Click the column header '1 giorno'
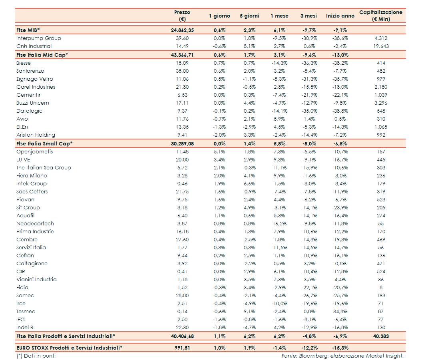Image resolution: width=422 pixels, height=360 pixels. pyautogui.click(x=219, y=16)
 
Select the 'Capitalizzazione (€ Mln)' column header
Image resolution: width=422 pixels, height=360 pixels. pyautogui.click(x=380, y=16)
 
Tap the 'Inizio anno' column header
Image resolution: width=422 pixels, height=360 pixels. pyautogui.click(x=340, y=16)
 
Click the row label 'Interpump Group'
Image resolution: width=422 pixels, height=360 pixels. pyautogui.click(x=39, y=38)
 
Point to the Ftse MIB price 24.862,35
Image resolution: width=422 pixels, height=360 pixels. pyautogui.click(x=180, y=30)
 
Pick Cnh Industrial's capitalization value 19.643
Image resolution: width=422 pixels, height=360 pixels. pyautogui.click(x=381, y=46)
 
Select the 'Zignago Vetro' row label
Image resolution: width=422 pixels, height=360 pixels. pyautogui.click(x=35, y=79)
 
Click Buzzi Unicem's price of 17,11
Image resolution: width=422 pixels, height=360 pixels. pyautogui.click(x=183, y=103)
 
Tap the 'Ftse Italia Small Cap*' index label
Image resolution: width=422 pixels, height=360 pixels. pyautogui.click(x=44, y=144)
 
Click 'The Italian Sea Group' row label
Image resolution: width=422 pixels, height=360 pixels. pyautogui.click(x=44, y=168)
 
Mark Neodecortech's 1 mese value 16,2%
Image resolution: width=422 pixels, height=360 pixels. pyautogui.click(x=279, y=224)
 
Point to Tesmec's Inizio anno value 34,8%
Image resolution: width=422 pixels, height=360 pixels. pyautogui.click(x=340, y=312)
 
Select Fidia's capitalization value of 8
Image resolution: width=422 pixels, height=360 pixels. pyautogui.click(x=381, y=288)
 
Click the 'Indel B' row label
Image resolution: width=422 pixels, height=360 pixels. pyautogui.click(x=25, y=328)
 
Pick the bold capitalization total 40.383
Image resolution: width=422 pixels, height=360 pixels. pyautogui.click(x=381, y=336)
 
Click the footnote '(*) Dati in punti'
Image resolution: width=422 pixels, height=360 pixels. pyautogui.click(x=36, y=356)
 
